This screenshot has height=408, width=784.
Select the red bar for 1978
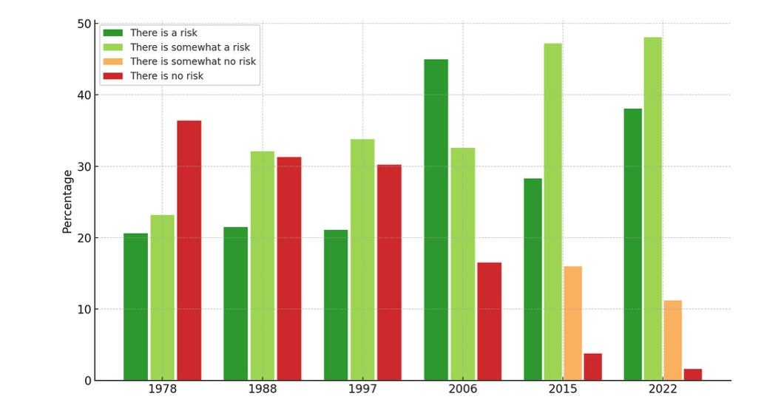[189, 251]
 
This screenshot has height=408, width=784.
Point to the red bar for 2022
[692, 375]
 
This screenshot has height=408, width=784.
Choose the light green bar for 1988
[262, 266]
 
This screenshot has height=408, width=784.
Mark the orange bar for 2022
[672, 341]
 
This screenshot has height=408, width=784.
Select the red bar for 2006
[489, 322]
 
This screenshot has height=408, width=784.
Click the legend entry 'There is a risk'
[163, 33]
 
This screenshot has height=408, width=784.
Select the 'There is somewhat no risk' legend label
[192, 61]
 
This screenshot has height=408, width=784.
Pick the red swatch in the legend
[112, 76]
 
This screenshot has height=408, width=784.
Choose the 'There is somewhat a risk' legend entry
[189, 47]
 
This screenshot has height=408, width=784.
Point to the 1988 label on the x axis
[263, 390]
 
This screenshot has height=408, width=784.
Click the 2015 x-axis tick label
[563, 390]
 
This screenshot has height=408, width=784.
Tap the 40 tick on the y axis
[84, 95]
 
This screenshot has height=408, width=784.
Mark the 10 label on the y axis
[84, 310]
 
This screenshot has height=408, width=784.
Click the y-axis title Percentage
[67, 202]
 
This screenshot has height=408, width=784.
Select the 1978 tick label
[163, 390]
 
